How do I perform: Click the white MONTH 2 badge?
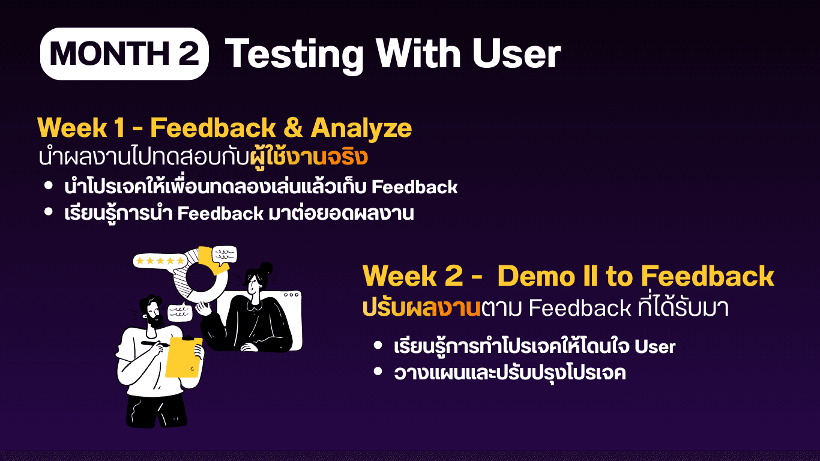coord(124,54)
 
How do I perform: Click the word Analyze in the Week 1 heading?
coord(361,128)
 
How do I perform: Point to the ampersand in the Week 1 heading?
coord(293,128)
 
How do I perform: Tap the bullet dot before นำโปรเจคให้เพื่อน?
coord(48,185)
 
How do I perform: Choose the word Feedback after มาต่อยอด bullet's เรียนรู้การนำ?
coord(220,214)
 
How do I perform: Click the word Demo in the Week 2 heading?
coord(536,276)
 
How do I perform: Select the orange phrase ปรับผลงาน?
coord(421,308)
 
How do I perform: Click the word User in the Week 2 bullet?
coord(655,346)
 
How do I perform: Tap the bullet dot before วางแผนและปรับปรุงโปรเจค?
coord(378,372)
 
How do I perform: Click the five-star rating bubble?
coord(160,261)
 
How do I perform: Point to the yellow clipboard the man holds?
coord(183,357)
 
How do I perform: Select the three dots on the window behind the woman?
coord(291,295)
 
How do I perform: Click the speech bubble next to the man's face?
coord(180,312)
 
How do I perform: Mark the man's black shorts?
coord(156,411)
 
